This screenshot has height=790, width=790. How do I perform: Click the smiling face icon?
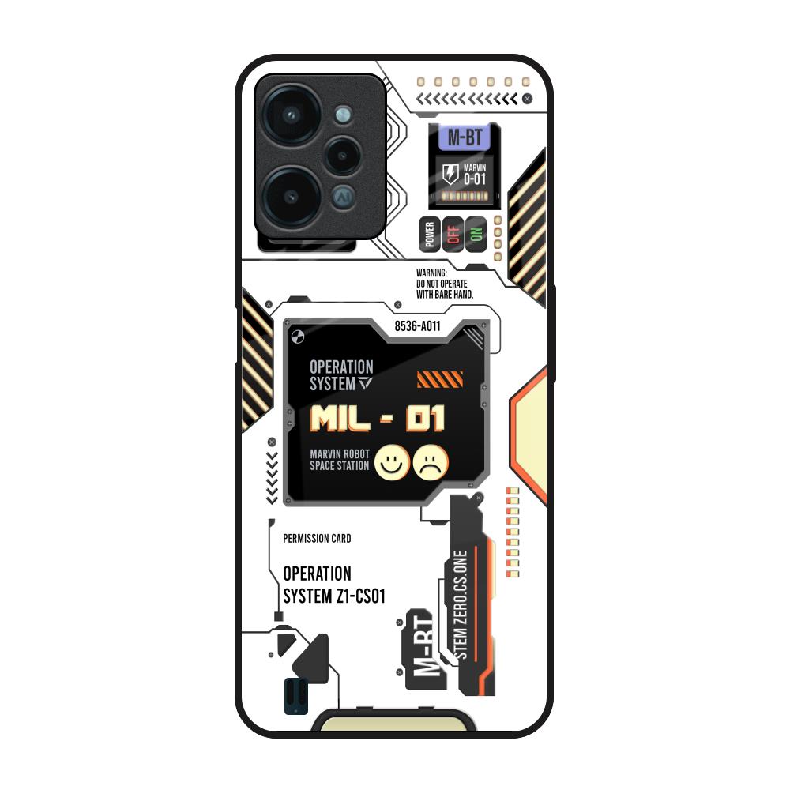pyautogui.click(x=392, y=462)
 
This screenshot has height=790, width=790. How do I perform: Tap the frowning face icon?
pyautogui.click(x=431, y=462)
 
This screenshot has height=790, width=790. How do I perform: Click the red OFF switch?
pyautogui.click(x=453, y=235)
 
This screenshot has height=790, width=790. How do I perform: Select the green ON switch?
pyautogui.click(x=476, y=235)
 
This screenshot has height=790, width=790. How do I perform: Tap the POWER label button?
pyautogui.click(x=430, y=235)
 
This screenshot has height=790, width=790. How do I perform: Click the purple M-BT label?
pyautogui.click(x=465, y=137)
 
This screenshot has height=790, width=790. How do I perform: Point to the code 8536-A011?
pyautogui.click(x=417, y=326)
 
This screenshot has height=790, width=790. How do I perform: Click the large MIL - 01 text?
pyautogui.click(x=378, y=419)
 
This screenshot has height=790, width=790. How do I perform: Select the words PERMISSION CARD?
pyautogui.click(x=317, y=539)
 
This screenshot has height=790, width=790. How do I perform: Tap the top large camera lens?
pyautogui.click(x=291, y=115)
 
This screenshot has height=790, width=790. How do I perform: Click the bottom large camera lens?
pyautogui.click(x=291, y=196)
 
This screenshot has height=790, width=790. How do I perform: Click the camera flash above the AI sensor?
pyautogui.click(x=343, y=115)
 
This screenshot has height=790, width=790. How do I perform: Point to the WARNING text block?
pyautogui.click(x=445, y=284)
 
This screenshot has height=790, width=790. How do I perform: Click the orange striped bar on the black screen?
pyautogui.click(x=440, y=379)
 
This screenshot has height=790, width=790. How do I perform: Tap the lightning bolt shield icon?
pyautogui.click(x=450, y=174)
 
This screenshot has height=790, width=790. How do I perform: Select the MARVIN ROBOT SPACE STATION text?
pyautogui.click(x=340, y=460)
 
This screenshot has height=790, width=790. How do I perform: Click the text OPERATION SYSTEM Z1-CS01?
pyautogui.click(x=334, y=585)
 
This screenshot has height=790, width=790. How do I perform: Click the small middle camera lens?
pyautogui.click(x=343, y=155)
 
